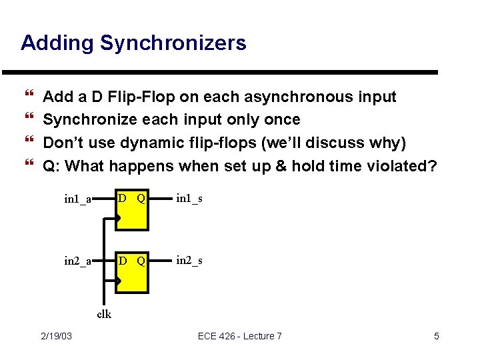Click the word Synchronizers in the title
(173, 43)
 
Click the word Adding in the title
(58, 43)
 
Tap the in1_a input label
(77, 199)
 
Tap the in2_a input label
(77, 261)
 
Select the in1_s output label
(189, 198)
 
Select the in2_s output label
(189, 260)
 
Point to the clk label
(104, 314)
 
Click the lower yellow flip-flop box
(132, 274)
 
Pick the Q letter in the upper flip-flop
(141, 198)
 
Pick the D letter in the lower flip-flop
(122, 260)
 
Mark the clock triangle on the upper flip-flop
(118, 218)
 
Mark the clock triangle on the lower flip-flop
(118, 281)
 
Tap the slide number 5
(436, 336)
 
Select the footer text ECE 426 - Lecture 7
(239, 336)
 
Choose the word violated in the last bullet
(397, 165)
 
